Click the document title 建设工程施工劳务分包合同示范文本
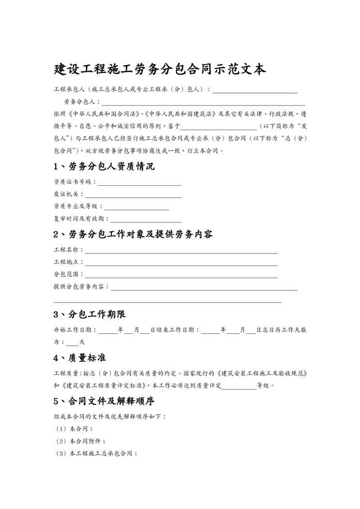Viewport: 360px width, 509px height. [x=160, y=69]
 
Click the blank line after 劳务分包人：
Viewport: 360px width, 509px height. [x=203, y=102]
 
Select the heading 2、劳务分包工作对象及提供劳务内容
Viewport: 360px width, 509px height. [x=133, y=235]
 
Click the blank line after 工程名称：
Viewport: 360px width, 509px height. [x=181, y=250]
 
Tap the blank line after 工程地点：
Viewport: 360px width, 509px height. [x=181, y=262]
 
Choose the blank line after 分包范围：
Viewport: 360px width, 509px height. [x=181, y=275]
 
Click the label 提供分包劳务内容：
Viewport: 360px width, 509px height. [x=81, y=287]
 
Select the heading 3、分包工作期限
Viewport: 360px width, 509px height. [x=90, y=314]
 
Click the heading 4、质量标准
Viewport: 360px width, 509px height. [x=80, y=358]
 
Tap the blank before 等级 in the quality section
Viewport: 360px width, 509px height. [x=239, y=386]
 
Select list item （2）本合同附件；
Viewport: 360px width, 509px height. [x=80, y=441]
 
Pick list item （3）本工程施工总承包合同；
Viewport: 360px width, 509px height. [x=95, y=453]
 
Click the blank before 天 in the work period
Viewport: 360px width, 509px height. [x=72, y=342]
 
